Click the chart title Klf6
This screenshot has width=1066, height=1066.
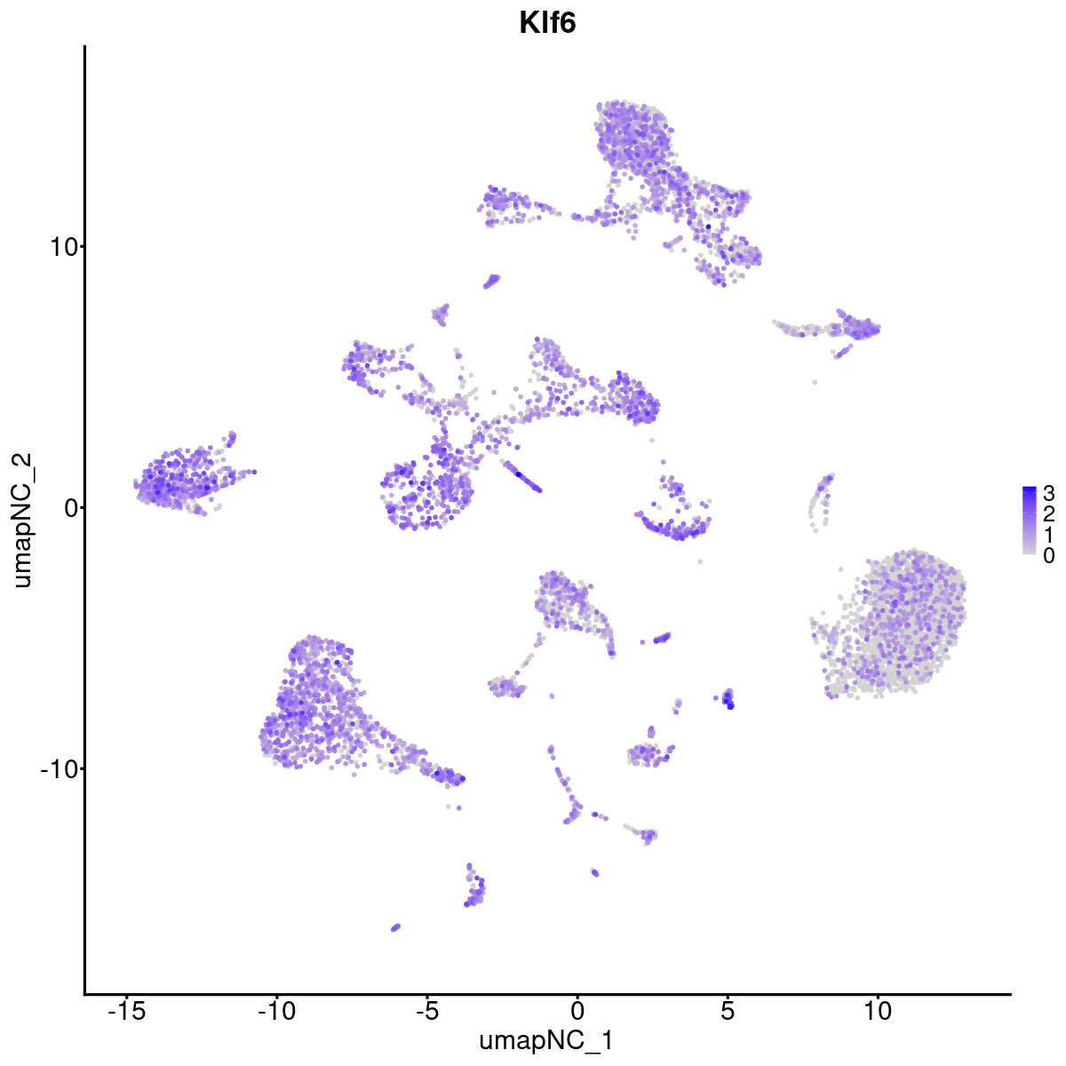[x=547, y=24]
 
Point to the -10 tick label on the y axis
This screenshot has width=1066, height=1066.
[x=55, y=768]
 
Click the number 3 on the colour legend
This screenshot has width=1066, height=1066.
[x=1049, y=493]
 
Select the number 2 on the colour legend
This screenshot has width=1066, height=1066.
[x=1049, y=513]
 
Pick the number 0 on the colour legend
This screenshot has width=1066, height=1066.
[x=1049, y=555]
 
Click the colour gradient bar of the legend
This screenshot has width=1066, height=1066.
[x=1030, y=521]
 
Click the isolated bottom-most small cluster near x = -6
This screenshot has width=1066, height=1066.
[x=395, y=927]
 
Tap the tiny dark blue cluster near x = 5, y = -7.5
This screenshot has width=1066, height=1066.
[x=728, y=699]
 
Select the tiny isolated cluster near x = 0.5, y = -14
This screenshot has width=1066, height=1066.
[x=594, y=872]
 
